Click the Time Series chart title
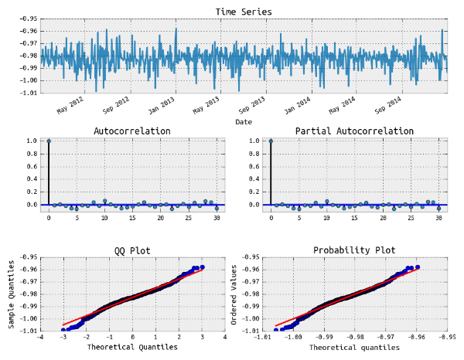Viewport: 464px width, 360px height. coord(244,12)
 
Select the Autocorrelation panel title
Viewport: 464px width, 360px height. coord(132,131)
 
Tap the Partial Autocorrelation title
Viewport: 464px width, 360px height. coord(354,131)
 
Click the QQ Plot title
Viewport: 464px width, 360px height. coord(132,250)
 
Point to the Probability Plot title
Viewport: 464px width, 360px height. coord(354,250)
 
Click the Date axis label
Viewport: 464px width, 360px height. coord(244,122)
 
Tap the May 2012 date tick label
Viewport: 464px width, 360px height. coord(71,105)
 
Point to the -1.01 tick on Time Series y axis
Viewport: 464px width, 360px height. coord(26,93)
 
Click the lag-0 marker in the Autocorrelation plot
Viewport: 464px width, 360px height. coord(49,141)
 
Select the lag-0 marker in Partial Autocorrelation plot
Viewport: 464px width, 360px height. coord(271,141)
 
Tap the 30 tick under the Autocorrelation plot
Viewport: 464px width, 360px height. coord(217,219)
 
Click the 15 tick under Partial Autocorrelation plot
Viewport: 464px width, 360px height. coord(354,219)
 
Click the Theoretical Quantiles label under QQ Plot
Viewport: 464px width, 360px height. coord(132,348)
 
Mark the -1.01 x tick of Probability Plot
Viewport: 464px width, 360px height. coord(263,338)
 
